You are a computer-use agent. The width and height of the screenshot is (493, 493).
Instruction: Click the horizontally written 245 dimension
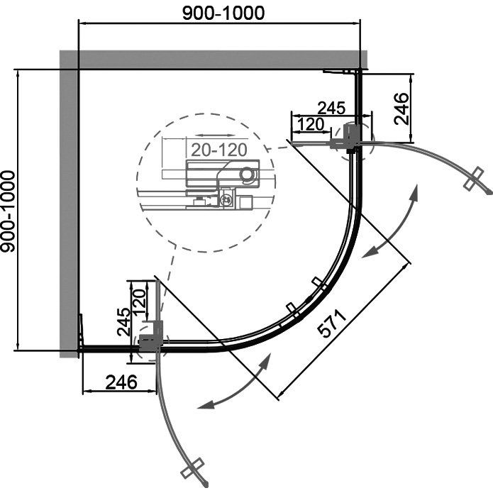(x=331, y=108)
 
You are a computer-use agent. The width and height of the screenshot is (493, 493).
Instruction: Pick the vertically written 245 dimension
(x=125, y=321)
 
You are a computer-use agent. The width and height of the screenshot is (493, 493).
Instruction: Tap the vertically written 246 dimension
(x=401, y=109)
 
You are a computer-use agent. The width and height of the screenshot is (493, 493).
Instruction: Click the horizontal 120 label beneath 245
(x=311, y=124)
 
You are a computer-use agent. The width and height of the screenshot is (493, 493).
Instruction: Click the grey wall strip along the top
(x=213, y=59)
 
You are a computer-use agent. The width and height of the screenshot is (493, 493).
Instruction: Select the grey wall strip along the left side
(x=68, y=206)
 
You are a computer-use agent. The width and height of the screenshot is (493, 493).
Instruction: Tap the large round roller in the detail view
(x=248, y=173)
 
